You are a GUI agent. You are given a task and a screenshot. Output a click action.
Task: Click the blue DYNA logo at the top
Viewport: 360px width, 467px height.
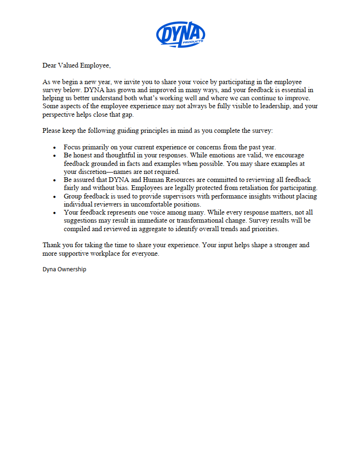tap(180, 34)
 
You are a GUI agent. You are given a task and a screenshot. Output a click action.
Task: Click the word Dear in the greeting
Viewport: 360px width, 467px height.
tap(51, 65)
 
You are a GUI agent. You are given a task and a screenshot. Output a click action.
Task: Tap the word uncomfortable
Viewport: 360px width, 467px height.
tap(146, 204)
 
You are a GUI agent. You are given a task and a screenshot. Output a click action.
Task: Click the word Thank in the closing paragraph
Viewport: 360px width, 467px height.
tap(52, 245)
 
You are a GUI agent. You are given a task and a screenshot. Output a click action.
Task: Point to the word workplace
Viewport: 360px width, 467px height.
tap(109, 253)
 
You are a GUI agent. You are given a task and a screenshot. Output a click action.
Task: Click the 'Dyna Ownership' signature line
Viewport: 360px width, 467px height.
tap(64, 269)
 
